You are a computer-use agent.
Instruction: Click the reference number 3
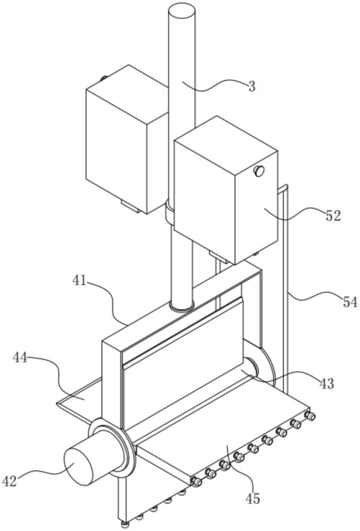pos(252,87)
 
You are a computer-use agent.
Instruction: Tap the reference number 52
pos(333,216)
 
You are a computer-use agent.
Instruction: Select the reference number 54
pos(350,302)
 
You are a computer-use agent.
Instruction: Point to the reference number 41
pos(80,280)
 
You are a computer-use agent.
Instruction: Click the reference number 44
pos(20,357)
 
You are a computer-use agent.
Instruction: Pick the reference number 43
pos(327,383)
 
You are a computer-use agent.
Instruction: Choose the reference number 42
pos(10,481)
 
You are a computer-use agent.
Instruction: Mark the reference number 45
pos(253,498)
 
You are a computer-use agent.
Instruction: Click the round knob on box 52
pos(259,171)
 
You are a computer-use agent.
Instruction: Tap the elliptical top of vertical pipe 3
pos(182,10)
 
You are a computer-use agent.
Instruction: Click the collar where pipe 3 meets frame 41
pos(182,306)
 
